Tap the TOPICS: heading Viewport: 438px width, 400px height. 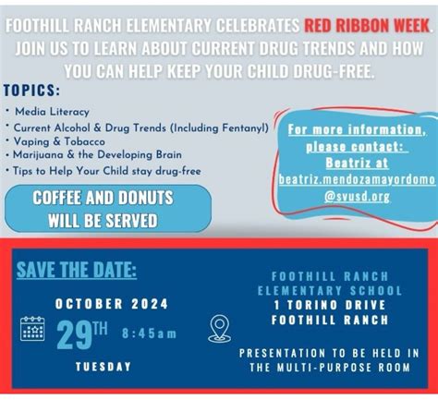(x=33, y=91)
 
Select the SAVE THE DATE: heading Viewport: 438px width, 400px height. (x=77, y=271)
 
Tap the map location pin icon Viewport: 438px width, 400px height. (x=219, y=327)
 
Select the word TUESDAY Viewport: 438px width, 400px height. (x=103, y=366)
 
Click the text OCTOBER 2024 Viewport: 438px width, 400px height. (x=103, y=303)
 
